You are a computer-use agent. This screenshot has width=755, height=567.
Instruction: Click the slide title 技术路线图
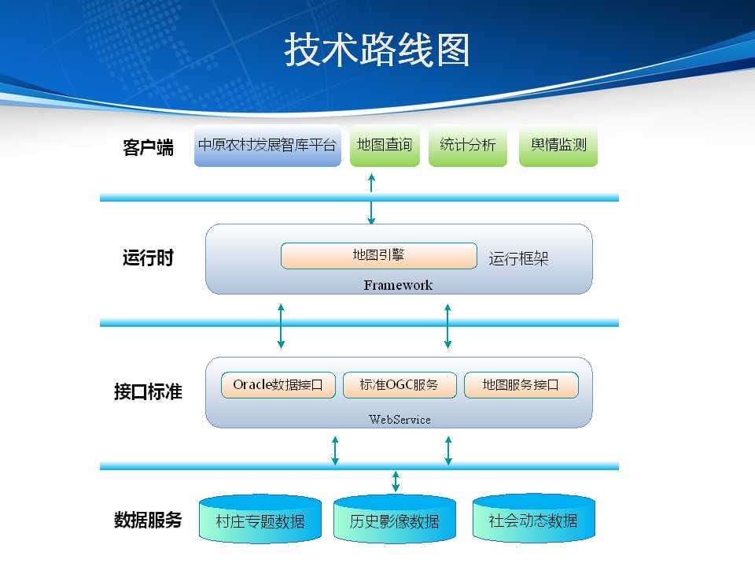click(x=377, y=50)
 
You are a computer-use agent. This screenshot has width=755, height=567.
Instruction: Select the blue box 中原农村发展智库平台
click(x=267, y=146)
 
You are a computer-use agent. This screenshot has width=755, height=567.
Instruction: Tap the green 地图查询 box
click(x=385, y=146)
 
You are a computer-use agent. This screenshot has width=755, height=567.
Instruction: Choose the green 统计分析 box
click(x=467, y=146)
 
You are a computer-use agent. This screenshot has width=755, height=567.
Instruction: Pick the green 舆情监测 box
click(x=558, y=146)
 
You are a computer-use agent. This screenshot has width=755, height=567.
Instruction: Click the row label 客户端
click(x=148, y=147)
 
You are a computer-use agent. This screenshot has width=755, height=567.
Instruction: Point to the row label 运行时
click(x=148, y=258)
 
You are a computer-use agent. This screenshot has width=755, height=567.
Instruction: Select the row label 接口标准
click(x=148, y=391)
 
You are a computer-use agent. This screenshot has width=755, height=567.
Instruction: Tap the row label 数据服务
click(x=148, y=520)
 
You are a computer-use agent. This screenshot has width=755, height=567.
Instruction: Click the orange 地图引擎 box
click(x=379, y=255)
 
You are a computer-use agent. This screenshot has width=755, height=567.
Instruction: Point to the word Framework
click(x=398, y=285)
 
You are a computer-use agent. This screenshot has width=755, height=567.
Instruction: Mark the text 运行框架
click(x=518, y=259)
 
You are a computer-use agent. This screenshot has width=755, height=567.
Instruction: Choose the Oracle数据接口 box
click(x=278, y=385)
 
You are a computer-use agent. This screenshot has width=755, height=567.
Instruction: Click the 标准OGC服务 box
click(x=400, y=385)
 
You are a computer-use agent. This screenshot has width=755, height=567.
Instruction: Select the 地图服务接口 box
click(x=521, y=385)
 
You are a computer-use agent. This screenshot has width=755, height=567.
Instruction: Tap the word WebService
click(x=400, y=420)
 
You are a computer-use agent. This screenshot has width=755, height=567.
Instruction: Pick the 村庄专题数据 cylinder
click(x=260, y=519)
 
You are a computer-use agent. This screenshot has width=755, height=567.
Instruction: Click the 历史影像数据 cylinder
click(x=394, y=519)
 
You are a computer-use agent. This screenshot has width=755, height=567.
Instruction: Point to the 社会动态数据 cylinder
click(x=533, y=518)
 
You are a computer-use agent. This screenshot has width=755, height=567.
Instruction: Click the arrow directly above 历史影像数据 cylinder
click(x=396, y=481)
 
